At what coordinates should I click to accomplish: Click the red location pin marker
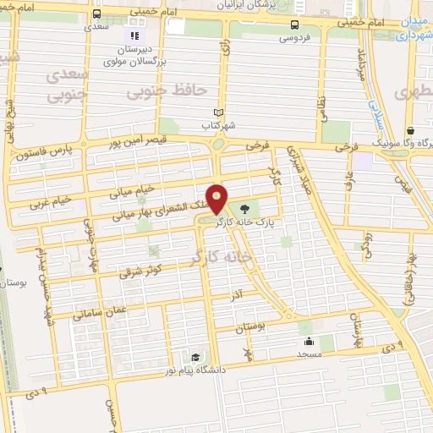(217, 198)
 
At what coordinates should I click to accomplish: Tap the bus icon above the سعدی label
(97, 14)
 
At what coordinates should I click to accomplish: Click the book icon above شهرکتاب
(219, 112)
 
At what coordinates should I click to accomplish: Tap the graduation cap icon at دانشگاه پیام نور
(196, 357)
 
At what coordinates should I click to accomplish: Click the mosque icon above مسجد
(310, 342)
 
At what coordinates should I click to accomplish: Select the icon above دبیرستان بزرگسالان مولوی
(134, 36)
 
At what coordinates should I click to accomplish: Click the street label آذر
(238, 293)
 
